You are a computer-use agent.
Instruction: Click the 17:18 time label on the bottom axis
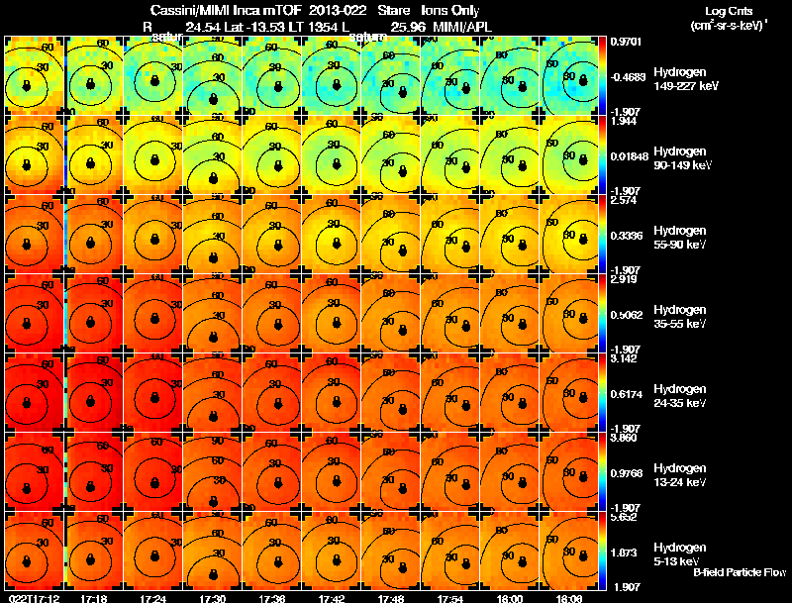coord(94,597)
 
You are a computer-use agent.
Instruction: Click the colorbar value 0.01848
coord(630,155)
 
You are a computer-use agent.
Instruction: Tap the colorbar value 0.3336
coord(628,235)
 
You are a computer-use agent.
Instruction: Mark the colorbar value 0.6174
coord(628,393)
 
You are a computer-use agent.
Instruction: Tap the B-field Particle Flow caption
coord(740,573)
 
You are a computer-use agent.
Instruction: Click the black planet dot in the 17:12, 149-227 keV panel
coord(28,85)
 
